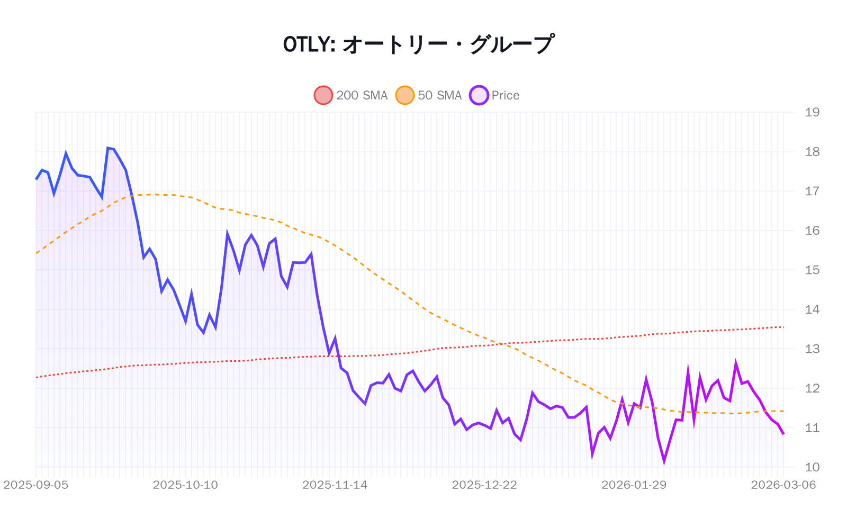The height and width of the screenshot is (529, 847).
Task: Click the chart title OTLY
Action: [418, 44]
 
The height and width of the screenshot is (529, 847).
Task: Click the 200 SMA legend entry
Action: [351, 95]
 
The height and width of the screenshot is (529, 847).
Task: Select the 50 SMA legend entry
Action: [429, 95]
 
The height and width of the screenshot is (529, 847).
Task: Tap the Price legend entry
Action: [494, 95]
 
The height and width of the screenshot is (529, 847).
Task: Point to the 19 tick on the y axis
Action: [812, 112]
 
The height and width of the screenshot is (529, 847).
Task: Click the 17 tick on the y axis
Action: [812, 191]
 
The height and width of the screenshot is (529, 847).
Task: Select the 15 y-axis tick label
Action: [812, 270]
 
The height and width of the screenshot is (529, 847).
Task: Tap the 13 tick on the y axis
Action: [812, 349]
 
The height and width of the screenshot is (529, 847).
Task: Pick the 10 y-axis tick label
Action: [812, 467]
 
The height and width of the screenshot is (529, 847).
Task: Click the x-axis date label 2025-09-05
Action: [36, 485]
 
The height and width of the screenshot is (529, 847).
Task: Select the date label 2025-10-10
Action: [185, 485]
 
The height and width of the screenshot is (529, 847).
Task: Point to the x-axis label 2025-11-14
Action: [335, 485]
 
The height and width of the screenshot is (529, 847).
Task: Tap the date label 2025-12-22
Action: [484, 485]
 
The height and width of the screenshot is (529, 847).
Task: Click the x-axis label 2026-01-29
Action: [634, 485]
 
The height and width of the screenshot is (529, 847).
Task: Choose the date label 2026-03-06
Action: [783, 485]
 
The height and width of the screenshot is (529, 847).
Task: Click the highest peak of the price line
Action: [108, 148]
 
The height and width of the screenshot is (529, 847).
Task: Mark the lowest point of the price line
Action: [664, 462]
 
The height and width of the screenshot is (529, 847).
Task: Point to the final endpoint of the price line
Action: [783, 434]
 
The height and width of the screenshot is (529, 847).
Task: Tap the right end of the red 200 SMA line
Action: [783, 327]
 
